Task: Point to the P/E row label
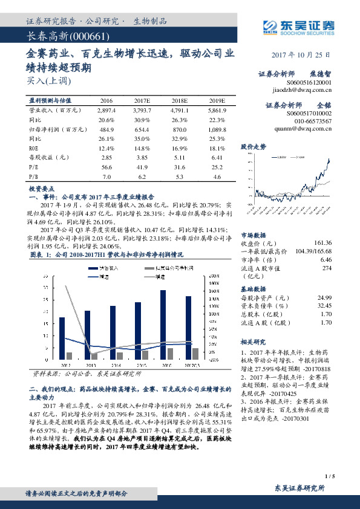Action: point(34,167)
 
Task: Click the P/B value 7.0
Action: point(106,176)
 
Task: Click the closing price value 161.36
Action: point(321,242)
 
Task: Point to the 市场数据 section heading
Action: point(254,235)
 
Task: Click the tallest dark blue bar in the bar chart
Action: point(163,326)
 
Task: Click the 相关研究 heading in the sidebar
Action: point(254,342)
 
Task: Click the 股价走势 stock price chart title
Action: point(254,146)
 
